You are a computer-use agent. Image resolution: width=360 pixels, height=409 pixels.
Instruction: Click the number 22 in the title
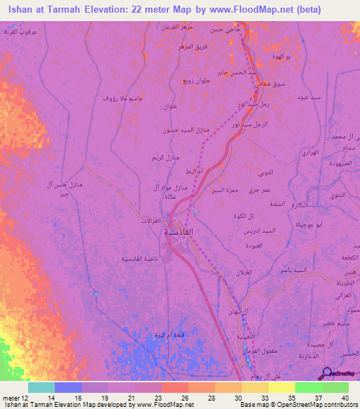pos(150,10)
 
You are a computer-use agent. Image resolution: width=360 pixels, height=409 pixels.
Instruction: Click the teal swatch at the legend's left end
pos(41,387)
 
